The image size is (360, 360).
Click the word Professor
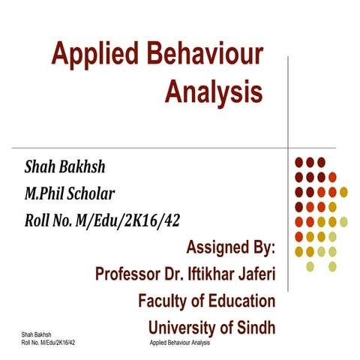point(134,274)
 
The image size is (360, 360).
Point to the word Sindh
point(253,328)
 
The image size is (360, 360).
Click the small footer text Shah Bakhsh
point(36,335)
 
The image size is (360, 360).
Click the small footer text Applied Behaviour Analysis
point(180,342)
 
